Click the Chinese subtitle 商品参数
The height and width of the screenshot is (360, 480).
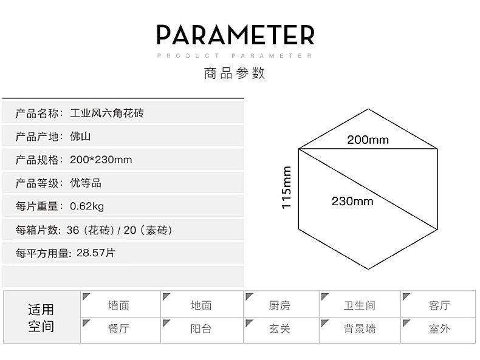235,74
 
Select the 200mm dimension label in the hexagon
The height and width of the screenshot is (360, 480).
368,140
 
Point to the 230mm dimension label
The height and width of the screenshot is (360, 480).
352,201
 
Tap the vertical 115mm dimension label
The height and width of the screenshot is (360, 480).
287,188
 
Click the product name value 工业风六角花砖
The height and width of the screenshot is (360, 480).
108,113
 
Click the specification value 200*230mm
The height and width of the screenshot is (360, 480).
101,160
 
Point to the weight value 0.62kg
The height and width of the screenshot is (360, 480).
87,206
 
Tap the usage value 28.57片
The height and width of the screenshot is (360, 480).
96,253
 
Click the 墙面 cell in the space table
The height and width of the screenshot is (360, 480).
118,306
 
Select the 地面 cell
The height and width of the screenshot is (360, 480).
201,306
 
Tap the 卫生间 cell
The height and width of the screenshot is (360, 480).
360,306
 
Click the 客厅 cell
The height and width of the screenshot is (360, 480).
439,306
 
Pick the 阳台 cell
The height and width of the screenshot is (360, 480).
201,329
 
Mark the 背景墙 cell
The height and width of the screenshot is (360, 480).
360,329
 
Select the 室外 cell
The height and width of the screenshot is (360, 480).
439,329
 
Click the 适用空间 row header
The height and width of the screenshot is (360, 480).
41,318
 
